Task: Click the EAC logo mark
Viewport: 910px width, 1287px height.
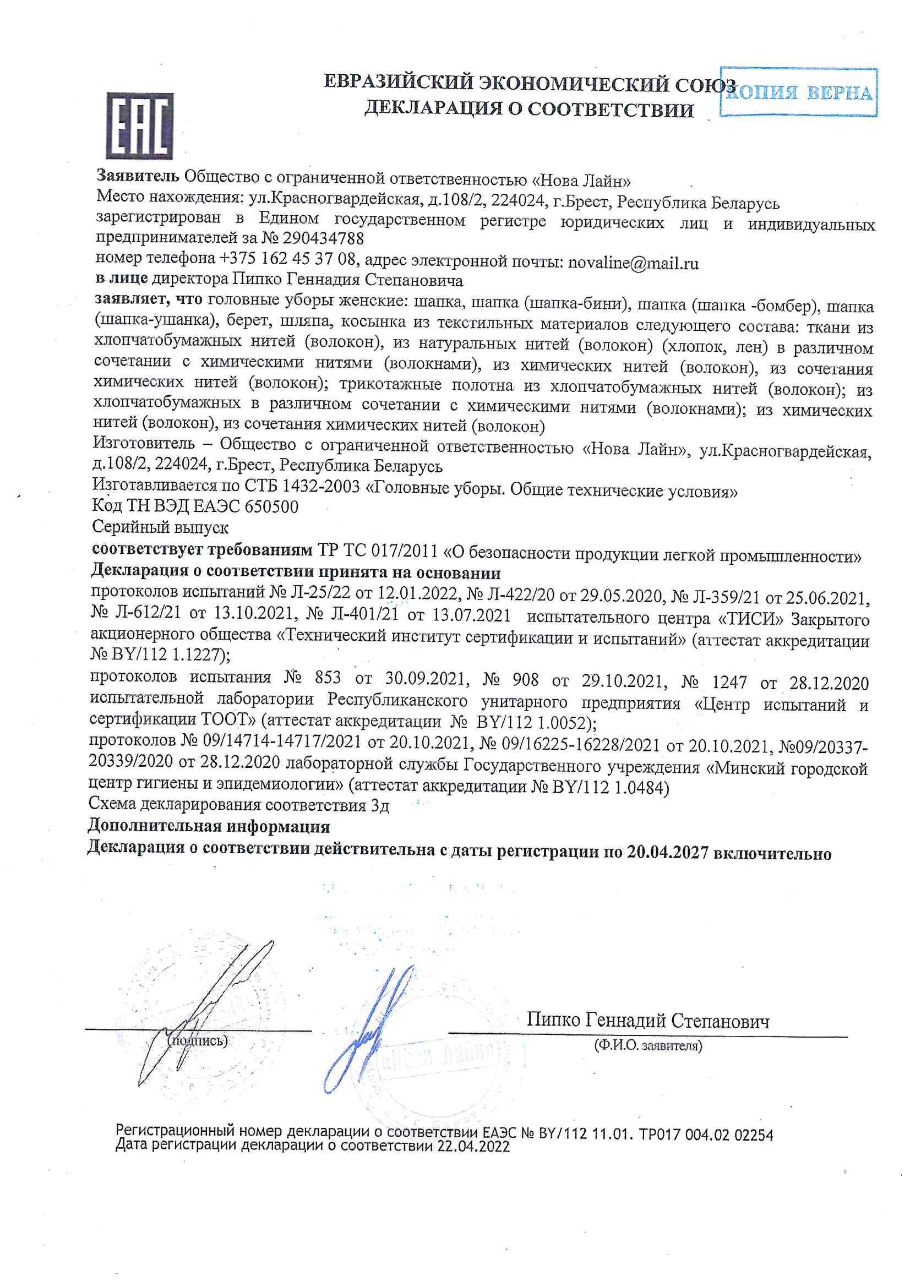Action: pyautogui.click(x=140, y=126)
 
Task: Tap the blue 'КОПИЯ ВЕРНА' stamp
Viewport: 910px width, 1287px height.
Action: pyautogui.click(x=798, y=92)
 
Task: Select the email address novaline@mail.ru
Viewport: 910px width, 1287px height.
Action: pyautogui.click(x=633, y=263)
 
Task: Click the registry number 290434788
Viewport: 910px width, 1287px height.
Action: pyautogui.click(x=323, y=238)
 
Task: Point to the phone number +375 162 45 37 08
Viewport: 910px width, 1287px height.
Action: pyautogui.click(x=287, y=258)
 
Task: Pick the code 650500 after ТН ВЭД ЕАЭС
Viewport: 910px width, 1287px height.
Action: pyautogui.click(x=273, y=507)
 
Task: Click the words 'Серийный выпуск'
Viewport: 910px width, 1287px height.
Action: pyautogui.click(x=160, y=527)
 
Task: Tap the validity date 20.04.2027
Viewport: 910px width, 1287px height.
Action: pyautogui.click(x=667, y=853)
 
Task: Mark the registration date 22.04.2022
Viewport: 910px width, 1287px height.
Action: pyautogui.click(x=473, y=1146)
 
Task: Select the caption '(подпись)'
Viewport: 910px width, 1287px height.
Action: pyautogui.click(x=198, y=1041)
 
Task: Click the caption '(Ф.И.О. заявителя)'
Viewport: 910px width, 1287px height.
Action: pyautogui.click(x=648, y=1045)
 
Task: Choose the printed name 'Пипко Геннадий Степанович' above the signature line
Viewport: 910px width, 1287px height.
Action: pyautogui.click(x=647, y=1021)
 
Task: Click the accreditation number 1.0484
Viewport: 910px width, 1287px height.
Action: pyautogui.click(x=641, y=788)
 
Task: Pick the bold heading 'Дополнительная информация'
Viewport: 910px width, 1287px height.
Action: pyautogui.click(x=209, y=826)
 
